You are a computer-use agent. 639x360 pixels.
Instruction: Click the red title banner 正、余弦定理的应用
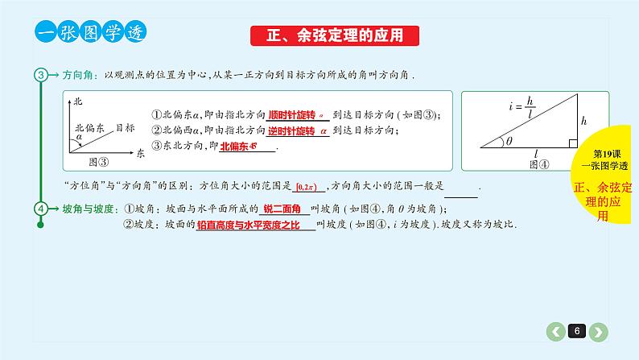click(x=336, y=35)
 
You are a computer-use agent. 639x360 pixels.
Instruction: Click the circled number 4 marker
click(x=41, y=209)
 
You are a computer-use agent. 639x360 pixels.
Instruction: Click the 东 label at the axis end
click(x=139, y=151)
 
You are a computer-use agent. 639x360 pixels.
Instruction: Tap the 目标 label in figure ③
click(x=125, y=127)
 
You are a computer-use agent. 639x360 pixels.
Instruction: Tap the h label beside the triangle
click(x=584, y=121)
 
